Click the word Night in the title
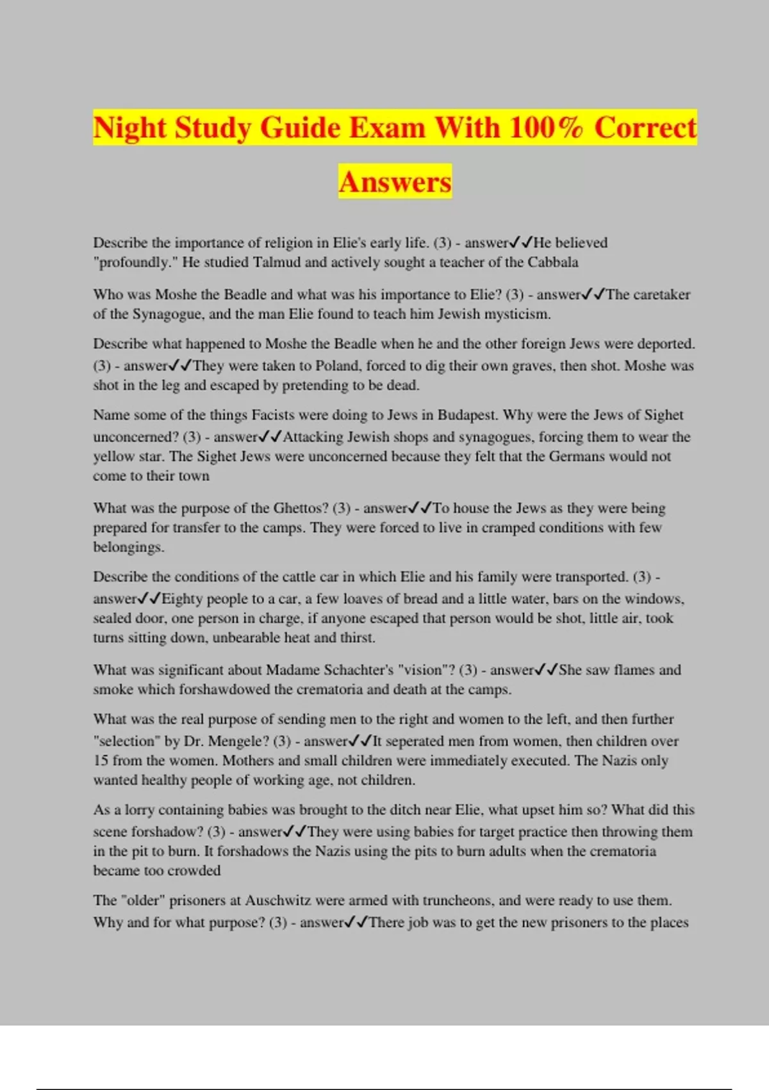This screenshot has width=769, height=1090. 130,128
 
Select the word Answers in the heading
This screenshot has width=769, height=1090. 395,181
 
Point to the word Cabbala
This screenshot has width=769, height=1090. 553,262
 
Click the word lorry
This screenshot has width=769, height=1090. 140,810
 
